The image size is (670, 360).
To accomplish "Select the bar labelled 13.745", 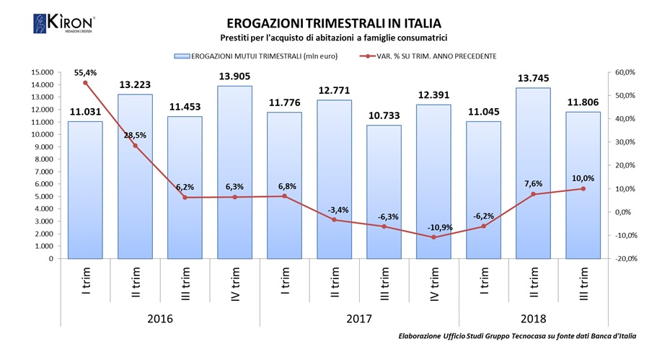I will coord(533,172).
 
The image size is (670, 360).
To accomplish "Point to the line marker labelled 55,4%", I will coord(85,83).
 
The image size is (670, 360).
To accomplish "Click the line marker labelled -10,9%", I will coord(433,237).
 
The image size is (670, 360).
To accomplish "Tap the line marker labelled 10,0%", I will coord(583,189).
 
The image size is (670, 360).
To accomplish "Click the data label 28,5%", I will coord(135,136).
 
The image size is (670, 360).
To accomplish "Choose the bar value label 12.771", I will coord(334,91).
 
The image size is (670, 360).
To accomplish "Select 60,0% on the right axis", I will coord(625,72).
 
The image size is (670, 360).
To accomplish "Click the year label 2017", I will coord(358,318).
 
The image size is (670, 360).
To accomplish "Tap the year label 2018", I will coord(533,318).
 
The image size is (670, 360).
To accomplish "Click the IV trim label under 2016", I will coord(234,285).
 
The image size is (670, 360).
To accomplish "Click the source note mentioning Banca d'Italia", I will coord(517,337).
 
